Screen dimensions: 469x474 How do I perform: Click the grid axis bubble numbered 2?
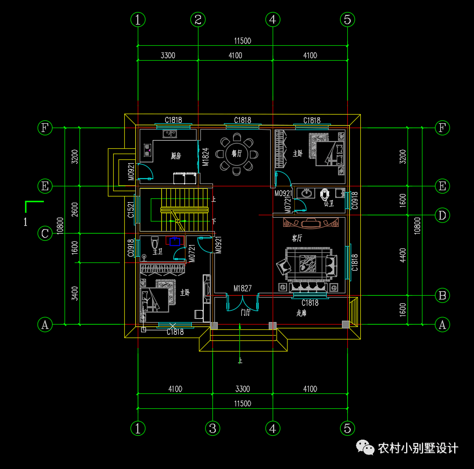pyautogui.click(x=198, y=20)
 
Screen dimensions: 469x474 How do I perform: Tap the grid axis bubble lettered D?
pyautogui.click(x=442, y=215)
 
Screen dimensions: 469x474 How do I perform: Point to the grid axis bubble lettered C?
pyautogui.click(x=45, y=234)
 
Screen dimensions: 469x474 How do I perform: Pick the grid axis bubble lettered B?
pyautogui.click(x=442, y=295)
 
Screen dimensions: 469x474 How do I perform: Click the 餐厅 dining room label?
pyautogui.click(x=237, y=154)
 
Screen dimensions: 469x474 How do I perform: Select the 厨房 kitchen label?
pyautogui.click(x=176, y=156)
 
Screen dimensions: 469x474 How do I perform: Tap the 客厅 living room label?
pyautogui.click(x=297, y=238)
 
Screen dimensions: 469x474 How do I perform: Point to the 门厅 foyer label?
pyautogui.click(x=245, y=313)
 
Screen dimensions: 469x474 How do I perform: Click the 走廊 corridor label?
pyautogui.click(x=302, y=313)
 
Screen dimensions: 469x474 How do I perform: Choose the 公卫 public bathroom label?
pyautogui.click(x=329, y=204)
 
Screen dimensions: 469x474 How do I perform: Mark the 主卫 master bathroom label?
pyautogui.click(x=158, y=251)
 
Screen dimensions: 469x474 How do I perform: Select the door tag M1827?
pyautogui.click(x=243, y=288)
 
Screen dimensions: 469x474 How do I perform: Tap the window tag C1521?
pyautogui.click(x=131, y=210)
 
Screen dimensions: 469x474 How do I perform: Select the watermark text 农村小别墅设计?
pyautogui.click(x=418, y=448)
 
